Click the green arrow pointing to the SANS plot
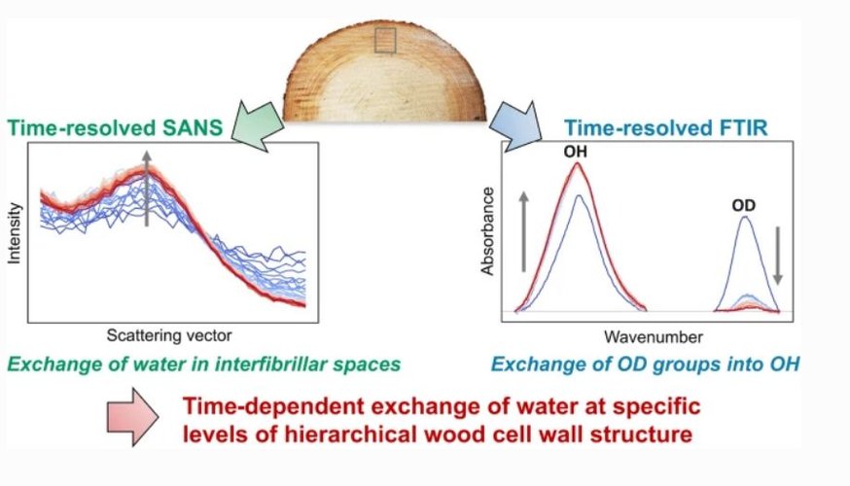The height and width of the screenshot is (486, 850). (x=257, y=125)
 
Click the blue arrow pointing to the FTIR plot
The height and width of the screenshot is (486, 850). (x=515, y=126)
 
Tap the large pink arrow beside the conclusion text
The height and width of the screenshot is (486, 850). (x=132, y=417)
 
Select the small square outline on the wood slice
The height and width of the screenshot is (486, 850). (x=385, y=41)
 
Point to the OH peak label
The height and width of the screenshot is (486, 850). (x=575, y=152)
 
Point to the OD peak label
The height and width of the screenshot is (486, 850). (x=743, y=205)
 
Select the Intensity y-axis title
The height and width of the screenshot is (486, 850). (x=14, y=233)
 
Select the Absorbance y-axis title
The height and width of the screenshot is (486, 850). (x=487, y=231)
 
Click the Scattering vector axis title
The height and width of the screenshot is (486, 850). (x=169, y=335)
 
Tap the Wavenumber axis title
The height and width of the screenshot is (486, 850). (x=654, y=337)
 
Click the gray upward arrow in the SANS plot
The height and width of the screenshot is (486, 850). (x=146, y=188)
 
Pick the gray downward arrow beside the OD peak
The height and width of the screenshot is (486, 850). (x=778, y=256)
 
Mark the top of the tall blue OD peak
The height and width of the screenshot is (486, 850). (x=746, y=217)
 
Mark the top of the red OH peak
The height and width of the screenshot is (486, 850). (x=578, y=162)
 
